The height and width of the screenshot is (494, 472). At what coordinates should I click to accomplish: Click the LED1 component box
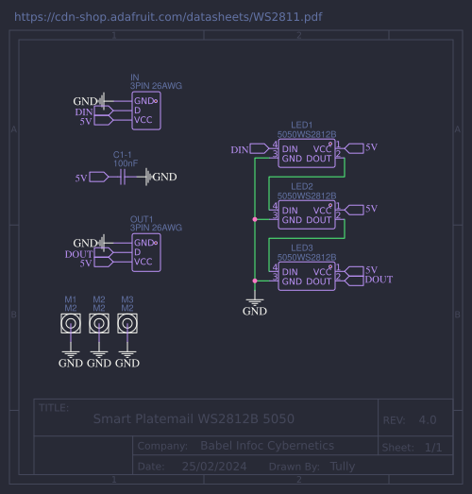[306, 154]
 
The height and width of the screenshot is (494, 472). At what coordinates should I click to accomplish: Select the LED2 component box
[306, 214]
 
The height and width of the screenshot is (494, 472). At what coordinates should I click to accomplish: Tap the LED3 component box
[306, 275]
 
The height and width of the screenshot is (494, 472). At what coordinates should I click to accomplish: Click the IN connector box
[145, 111]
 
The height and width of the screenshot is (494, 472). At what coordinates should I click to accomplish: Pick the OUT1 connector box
[145, 252]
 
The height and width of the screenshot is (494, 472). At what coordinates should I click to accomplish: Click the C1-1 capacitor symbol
[124, 177]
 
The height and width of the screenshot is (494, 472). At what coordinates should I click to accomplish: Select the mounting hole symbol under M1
[71, 324]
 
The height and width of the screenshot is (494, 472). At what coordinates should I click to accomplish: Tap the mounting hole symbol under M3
[127, 324]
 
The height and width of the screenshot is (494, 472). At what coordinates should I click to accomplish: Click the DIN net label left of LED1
[240, 149]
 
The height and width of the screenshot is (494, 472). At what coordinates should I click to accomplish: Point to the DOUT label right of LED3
[379, 280]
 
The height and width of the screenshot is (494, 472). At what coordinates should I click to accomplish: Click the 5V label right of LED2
[371, 209]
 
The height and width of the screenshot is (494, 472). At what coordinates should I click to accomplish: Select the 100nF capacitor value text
[126, 163]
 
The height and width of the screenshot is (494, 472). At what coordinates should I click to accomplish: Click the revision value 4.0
[427, 419]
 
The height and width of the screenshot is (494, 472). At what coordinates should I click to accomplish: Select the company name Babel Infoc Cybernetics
[267, 445]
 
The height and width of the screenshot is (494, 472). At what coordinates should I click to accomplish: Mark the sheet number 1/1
[433, 446]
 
